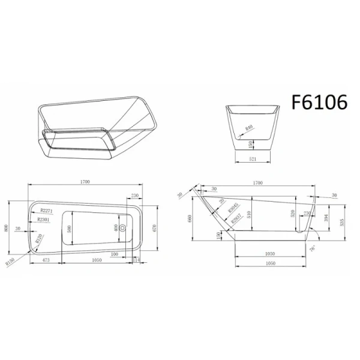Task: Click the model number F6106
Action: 319,103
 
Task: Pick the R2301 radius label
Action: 43,220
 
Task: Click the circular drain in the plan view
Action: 122,228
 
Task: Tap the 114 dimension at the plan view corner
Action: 137,260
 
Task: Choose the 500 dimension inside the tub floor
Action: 70,229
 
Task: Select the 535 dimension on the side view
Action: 343,223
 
